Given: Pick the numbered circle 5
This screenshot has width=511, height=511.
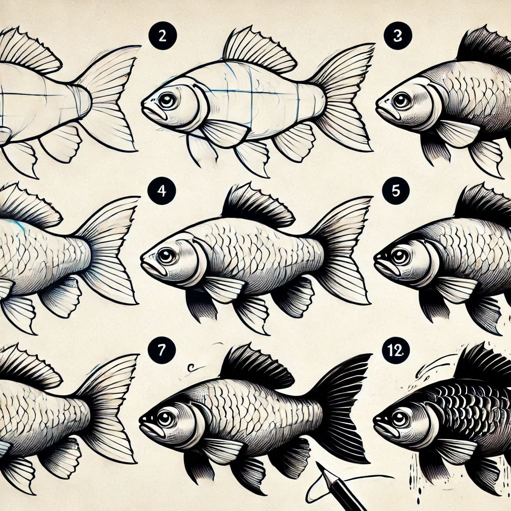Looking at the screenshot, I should coord(396,191).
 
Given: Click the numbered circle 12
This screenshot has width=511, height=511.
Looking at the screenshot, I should coord(396,350).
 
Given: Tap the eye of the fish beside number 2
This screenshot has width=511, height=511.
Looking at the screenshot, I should coord(168,100).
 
